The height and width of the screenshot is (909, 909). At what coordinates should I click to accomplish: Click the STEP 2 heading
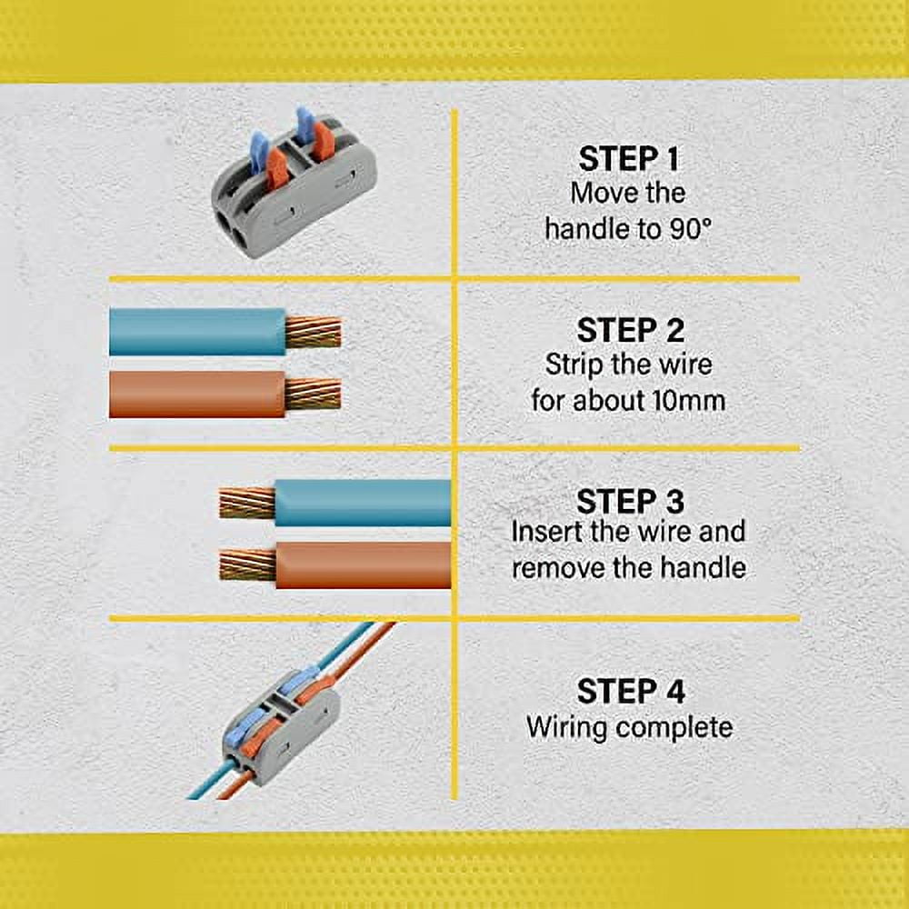click(629, 330)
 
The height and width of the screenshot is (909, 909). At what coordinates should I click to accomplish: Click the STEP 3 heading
click(629, 502)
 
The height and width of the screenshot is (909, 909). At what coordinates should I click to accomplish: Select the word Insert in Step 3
click(550, 532)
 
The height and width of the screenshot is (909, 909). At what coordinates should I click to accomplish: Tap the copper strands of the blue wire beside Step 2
click(313, 333)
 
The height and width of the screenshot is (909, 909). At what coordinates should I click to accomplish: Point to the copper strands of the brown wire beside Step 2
click(313, 394)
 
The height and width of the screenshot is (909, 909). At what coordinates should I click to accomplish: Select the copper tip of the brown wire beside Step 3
click(247, 564)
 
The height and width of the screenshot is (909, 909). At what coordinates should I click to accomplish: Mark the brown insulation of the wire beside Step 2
click(195, 395)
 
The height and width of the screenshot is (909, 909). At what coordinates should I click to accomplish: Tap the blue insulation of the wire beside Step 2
click(195, 332)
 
